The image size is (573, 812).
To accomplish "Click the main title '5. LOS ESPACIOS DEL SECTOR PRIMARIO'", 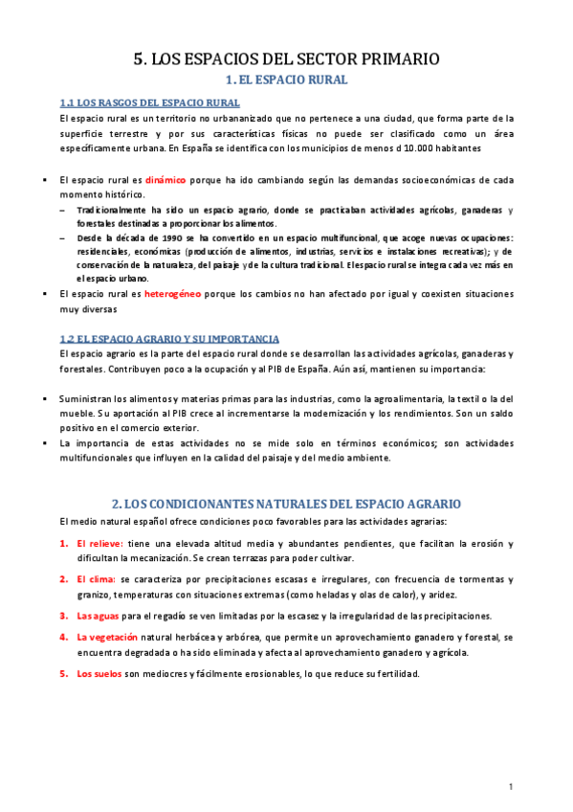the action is (285, 59).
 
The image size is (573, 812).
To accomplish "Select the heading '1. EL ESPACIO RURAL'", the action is (285, 80).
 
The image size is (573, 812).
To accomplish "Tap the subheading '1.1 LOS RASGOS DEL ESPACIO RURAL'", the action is (149, 103).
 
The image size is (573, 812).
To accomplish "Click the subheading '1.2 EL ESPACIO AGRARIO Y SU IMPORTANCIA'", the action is (168, 339).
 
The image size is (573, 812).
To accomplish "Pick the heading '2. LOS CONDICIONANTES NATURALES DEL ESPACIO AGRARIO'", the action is (286, 503).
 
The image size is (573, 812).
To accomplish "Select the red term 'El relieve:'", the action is (106, 544).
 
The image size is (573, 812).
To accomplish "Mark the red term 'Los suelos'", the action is (99, 673).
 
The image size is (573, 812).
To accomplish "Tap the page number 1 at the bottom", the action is (513, 787).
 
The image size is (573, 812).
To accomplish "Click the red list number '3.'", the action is (63, 616).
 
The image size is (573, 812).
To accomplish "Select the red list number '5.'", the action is (63, 673).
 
